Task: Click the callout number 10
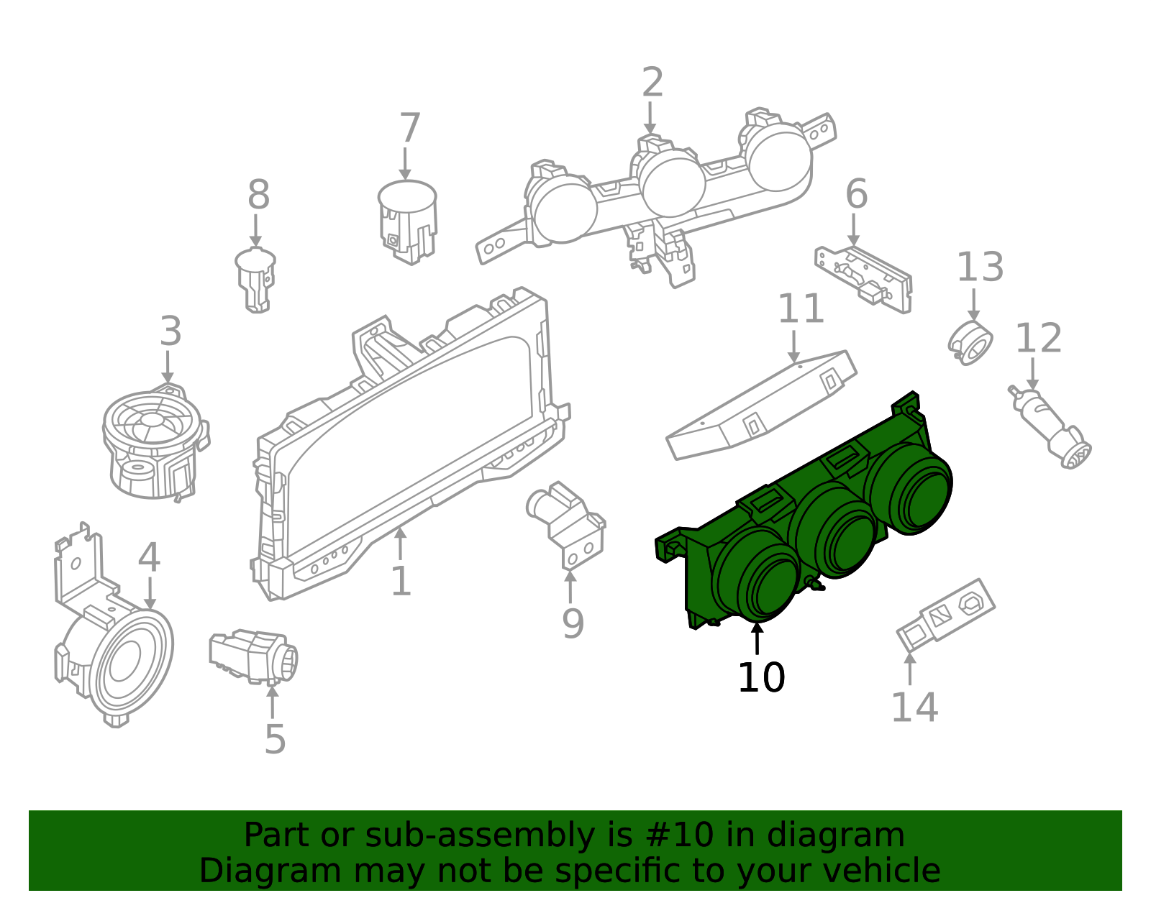761,678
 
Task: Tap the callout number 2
652,83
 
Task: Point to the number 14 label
915,707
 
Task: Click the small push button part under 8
256,280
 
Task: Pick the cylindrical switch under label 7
408,222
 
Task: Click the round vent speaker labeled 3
155,442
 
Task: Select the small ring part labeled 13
970,343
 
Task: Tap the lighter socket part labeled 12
1049,428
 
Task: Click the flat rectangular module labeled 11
761,405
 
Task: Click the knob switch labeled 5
254,656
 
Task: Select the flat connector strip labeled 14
946,615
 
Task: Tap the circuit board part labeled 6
863,280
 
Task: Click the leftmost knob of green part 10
756,574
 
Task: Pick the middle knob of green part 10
833,529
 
